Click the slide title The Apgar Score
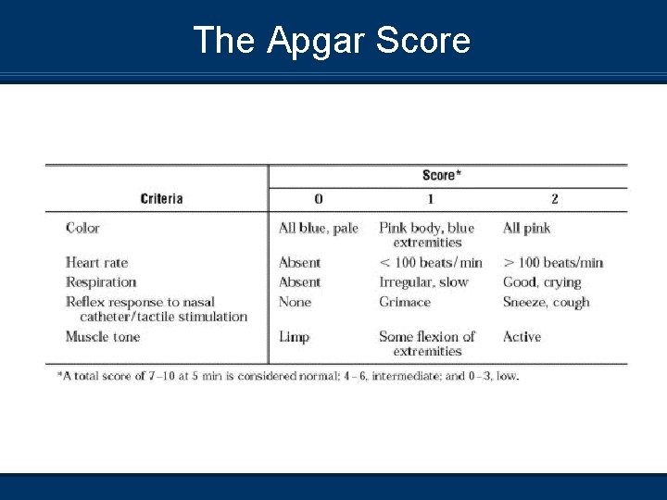click(332, 41)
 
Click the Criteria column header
click(161, 198)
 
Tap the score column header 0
click(319, 198)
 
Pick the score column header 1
click(430, 198)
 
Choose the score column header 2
click(554, 198)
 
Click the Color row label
click(82, 228)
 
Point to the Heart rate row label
click(96, 263)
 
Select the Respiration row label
click(101, 282)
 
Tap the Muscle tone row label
click(103, 337)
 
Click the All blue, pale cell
click(318, 228)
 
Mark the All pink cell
click(526, 228)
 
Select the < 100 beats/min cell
click(431, 263)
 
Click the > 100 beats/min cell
click(553, 263)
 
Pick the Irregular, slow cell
click(423, 282)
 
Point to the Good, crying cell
click(542, 282)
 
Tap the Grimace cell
click(405, 302)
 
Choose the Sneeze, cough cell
click(546, 302)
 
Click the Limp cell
click(294, 337)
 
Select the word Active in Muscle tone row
click(522, 337)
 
